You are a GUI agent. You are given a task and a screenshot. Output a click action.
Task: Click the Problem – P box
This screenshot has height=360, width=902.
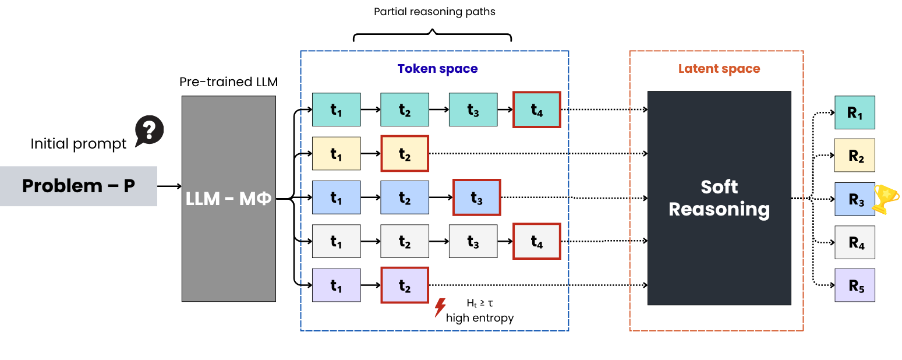click(x=79, y=186)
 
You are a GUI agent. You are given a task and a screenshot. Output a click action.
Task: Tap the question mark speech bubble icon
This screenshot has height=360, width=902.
click(x=149, y=130)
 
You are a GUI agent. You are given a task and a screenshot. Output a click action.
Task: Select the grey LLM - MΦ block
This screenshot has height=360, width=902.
click(x=228, y=199)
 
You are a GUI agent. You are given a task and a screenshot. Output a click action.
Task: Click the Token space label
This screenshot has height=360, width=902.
click(x=437, y=69)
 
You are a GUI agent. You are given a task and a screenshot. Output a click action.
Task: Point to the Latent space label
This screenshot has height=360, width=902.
click(x=719, y=69)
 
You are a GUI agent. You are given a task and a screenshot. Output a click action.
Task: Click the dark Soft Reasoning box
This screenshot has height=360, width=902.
click(x=719, y=198)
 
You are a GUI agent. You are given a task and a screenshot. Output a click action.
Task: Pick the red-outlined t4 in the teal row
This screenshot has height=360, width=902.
click(x=536, y=110)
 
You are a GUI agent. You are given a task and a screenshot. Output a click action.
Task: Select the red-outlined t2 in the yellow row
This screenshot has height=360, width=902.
click(x=405, y=154)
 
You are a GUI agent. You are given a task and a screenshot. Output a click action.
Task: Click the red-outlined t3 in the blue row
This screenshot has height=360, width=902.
click(x=476, y=197)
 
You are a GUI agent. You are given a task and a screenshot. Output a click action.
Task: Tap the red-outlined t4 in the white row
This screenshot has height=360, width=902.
click(x=536, y=241)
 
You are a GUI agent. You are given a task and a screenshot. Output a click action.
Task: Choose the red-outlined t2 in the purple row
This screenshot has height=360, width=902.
click(x=405, y=285)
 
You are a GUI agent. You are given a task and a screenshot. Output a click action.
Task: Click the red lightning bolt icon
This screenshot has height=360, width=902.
click(x=440, y=307)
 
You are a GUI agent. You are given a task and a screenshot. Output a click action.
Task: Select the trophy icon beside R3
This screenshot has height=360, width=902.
click(x=886, y=199)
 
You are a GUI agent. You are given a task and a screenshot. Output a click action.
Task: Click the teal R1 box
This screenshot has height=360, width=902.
click(x=854, y=112)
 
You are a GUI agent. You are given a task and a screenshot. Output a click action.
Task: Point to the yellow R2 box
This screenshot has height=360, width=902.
click(x=854, y=155)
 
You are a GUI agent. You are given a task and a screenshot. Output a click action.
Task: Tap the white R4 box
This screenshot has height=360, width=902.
click(x=854, y=242)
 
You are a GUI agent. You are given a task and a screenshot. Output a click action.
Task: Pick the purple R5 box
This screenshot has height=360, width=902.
click(x=854, y=285)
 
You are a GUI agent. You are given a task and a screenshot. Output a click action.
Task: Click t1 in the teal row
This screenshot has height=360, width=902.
click(x=336, y=110)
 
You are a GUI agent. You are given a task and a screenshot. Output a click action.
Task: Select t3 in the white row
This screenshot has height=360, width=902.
click(x=473, y=241)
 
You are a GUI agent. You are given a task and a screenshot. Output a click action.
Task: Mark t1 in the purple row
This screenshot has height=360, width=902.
click(x=336, y=285)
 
